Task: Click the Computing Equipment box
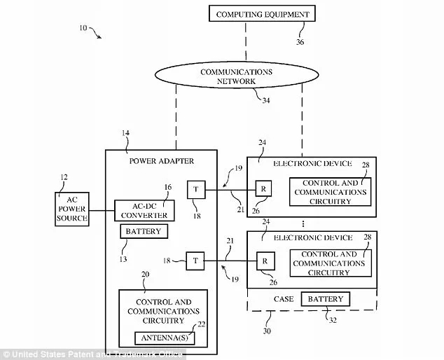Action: pos(262,14)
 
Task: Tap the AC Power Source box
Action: pos(72,209)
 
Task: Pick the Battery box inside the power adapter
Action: pos(143,232)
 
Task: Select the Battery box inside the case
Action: pos(325,299)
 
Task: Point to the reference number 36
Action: pos(300,42)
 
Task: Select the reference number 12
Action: pos(65,176)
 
